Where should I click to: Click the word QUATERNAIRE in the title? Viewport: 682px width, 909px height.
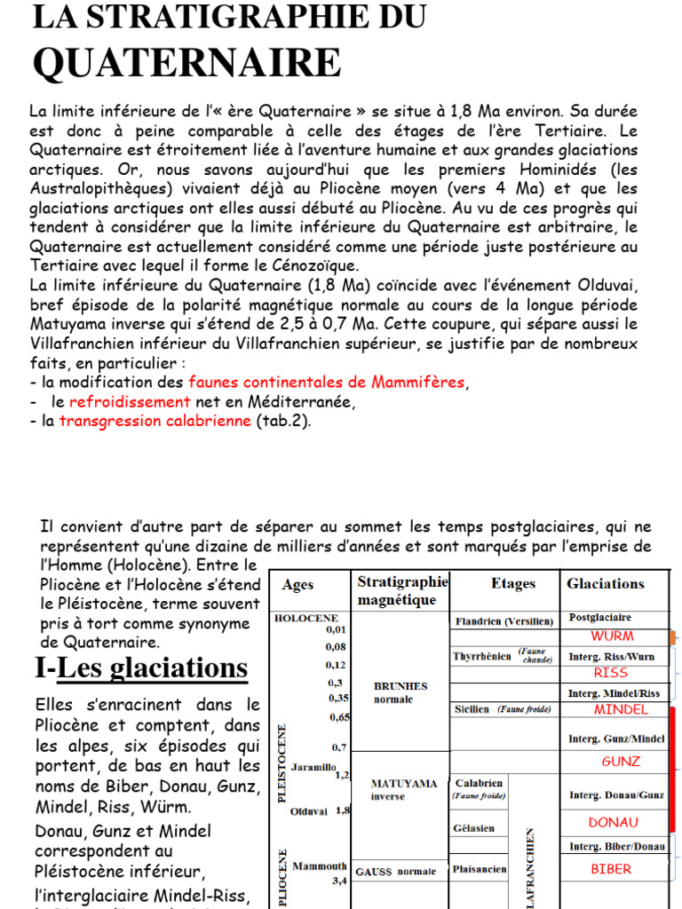(186, 63)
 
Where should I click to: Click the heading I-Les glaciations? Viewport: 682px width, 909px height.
(141, 668)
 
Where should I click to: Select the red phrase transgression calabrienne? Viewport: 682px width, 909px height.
(155, 421)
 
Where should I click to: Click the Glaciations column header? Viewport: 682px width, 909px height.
(606, 583)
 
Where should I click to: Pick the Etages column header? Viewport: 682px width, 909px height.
(512, 583)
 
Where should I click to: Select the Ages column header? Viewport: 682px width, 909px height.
(297, 585)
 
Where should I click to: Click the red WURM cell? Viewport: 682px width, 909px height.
(612, 636)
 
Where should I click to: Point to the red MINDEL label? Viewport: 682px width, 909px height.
(621, 709)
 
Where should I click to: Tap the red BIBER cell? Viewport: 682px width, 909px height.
(611, 869)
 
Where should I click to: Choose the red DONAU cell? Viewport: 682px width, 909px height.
(614, 823)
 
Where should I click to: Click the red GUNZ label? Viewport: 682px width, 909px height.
(621, 762)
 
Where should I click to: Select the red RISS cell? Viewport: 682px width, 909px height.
(611, 673)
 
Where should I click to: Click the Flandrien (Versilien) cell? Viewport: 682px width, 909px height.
(504, 621)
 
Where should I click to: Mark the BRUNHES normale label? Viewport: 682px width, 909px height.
(400, 692)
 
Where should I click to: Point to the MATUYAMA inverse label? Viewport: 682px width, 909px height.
(404, 790)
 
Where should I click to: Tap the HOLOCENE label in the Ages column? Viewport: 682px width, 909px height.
(306, 618)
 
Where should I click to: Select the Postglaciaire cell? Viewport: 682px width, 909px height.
(600, 617)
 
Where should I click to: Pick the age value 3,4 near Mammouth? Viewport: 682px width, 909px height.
(339, 881)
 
